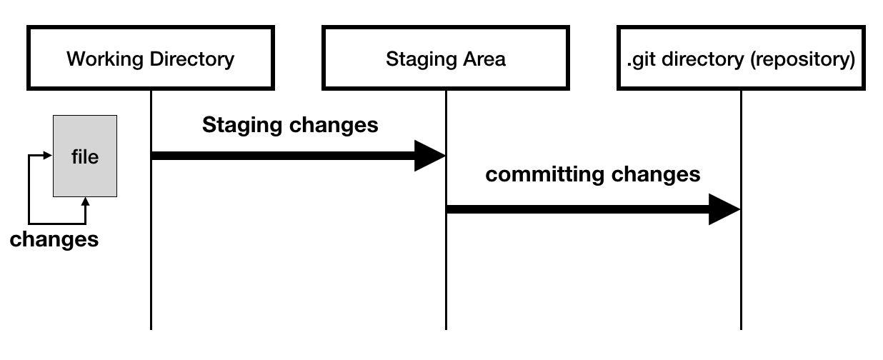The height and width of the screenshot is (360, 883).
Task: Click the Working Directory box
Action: [x=150, y=59]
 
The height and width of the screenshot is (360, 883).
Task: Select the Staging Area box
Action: [x=446, y=59]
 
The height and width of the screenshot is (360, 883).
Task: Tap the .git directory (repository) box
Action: [x=741, y=59]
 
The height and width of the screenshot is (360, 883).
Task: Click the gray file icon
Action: [x=85, y=156]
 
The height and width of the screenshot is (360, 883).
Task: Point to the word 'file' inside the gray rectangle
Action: [x=85, y=156]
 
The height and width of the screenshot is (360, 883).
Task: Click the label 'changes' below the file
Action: [x=54, y=239]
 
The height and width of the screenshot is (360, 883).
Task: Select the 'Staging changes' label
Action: [x=290, y=125]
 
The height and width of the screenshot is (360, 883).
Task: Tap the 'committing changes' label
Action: [x=593, y=174]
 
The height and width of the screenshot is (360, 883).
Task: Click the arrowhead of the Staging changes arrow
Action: [x=430, y=156]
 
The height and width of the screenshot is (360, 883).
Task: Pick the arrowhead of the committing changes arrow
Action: [x=724, y=209]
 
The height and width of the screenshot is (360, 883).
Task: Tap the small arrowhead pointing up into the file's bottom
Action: [x=85, y=202]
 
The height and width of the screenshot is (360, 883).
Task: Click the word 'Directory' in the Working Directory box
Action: [x=192, y=59]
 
